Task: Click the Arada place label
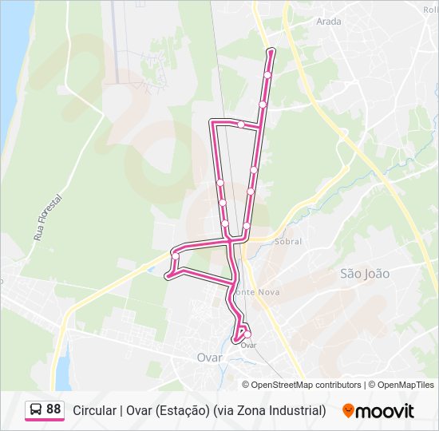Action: tap(329, 22)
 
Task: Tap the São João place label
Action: tap(365, 273)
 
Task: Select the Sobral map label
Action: tap(287, 240)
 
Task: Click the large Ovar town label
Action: tap(209, 358)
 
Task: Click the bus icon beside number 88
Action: tap(36, 409)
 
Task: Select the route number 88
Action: tap(53, 409)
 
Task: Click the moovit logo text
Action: tap(386, 411)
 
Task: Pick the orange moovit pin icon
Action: tap(348, 411)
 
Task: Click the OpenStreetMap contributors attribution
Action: tap(307, 385)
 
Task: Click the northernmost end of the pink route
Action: tap(271, 51)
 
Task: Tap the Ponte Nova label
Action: tap(263, 292)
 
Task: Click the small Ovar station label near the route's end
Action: tap(248, 345)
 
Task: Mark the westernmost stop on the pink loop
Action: tap(168, 276)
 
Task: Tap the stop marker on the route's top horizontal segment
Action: tap(241, 124)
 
